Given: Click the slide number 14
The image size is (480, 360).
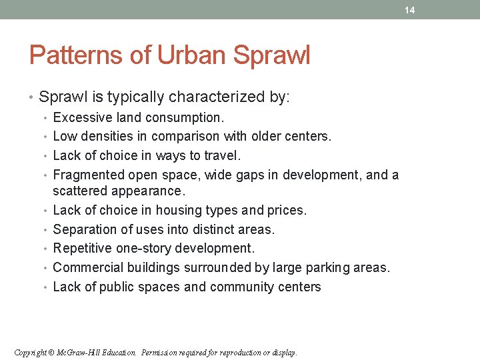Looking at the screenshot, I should pyautogui.click(x=409, y=10).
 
